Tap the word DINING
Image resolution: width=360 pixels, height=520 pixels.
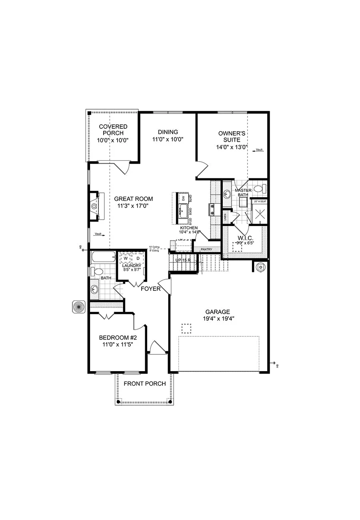point(168,132)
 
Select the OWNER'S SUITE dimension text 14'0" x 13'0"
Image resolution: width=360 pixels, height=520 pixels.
point(232,147)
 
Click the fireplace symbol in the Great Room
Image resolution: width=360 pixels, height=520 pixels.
point(94,206)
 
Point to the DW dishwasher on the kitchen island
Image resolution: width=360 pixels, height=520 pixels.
point(183,198)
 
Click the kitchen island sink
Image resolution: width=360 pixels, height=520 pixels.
point(183,210)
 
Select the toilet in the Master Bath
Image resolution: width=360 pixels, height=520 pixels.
point(259,188)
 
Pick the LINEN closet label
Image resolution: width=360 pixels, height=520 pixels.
point(226,217)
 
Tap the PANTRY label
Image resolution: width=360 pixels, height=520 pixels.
point(206,249)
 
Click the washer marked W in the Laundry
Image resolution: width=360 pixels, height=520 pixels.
point(125,258)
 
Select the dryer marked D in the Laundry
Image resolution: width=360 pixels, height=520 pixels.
point(138,258)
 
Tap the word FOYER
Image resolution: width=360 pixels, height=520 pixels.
point(150,288)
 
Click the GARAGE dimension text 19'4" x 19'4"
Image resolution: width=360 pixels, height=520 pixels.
point(218,319)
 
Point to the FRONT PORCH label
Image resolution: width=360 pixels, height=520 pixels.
point(144,384)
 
